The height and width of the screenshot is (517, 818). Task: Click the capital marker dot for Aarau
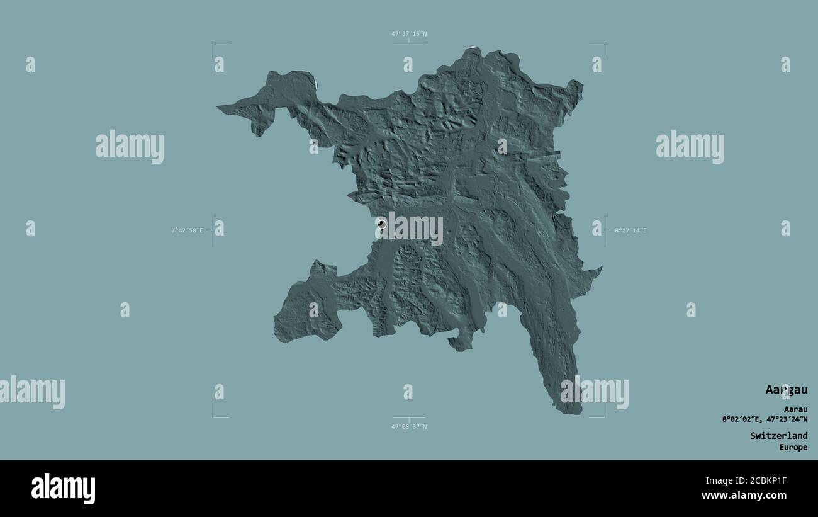tap(381, 224)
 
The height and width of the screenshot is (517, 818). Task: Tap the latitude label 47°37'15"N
tap(409, 34)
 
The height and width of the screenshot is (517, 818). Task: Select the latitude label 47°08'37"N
tap(409, 427)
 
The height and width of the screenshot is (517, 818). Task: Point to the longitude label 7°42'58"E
tap(187, 230)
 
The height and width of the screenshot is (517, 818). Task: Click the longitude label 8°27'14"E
tap(630, 230)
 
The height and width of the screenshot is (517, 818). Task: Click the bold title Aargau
tap(786, 390)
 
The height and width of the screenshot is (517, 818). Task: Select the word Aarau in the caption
tap(795, 409)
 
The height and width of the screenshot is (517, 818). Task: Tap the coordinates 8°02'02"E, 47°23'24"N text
tap(765, 419)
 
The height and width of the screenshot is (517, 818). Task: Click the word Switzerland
tap(778, 435)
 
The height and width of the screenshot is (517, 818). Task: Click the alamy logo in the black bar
tap(63, 488)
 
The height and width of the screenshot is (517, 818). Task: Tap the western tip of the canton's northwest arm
tap(220, 108)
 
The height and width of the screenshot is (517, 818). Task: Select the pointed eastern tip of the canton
tap(600, 268)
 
